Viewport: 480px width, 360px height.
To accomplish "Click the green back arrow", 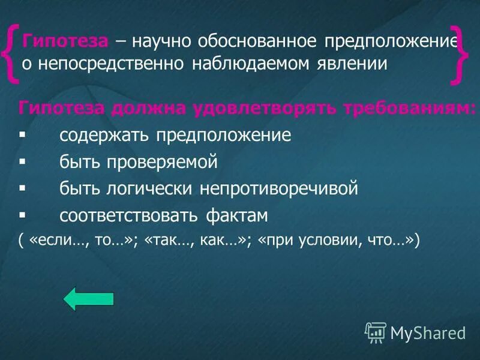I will tap(88, 298).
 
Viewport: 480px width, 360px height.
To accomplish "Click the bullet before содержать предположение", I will tap(22, 135).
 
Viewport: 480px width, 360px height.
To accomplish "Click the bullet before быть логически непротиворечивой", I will tap(22, 188).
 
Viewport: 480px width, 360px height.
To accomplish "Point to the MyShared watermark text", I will tap(428, 331).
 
